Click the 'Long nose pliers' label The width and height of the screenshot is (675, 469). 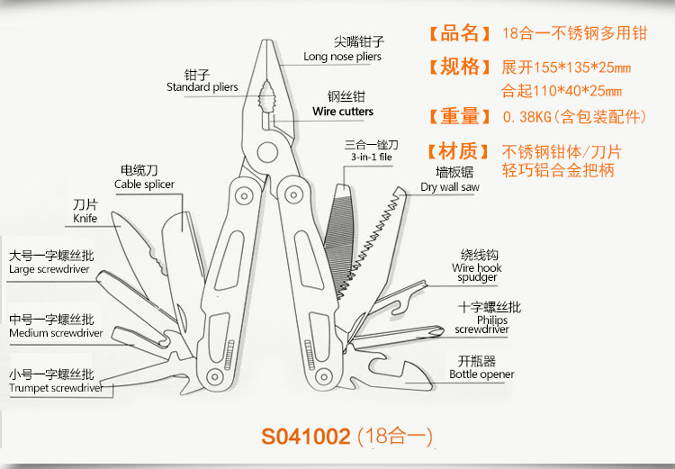point(342,57)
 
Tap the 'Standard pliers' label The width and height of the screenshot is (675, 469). point(202,87)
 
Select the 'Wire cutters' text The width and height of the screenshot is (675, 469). point(343,112)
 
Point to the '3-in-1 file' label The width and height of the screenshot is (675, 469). point(371,157)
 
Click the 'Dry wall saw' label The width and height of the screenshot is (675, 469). point(450,187)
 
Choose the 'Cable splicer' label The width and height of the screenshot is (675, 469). point(144,185)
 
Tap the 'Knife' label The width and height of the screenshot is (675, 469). point(85,218)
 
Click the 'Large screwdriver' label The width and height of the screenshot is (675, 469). point(51,268)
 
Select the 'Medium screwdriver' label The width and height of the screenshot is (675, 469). point(55,333)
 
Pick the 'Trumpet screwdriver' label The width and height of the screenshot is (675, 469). point(55,388)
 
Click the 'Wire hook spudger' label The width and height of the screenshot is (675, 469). point(477,273)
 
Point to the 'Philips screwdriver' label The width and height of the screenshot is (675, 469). point(481,325)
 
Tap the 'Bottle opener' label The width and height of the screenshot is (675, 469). point(481,374)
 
